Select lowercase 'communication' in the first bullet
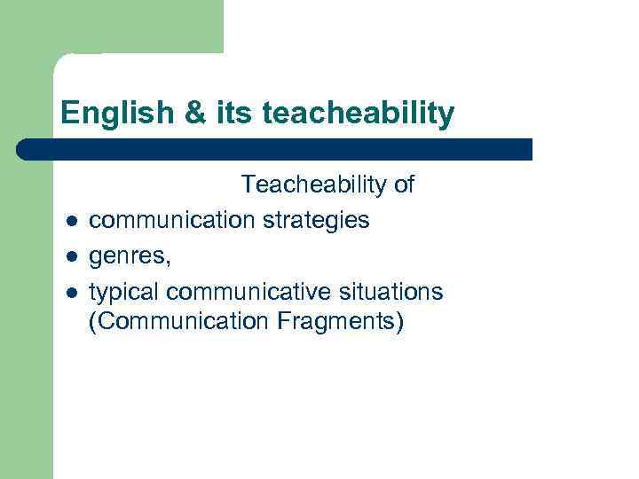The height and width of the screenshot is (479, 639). click(x=171, y=220)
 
